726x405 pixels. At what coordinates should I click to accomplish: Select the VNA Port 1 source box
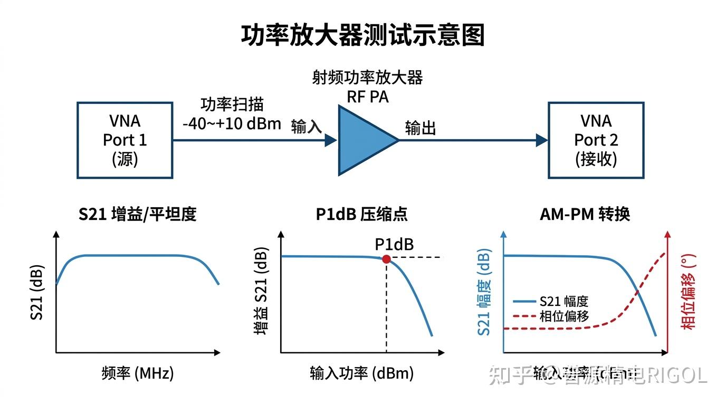pyautogui.click(x=125, y=140)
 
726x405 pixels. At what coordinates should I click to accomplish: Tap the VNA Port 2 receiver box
pyautogui.click(x=596, y=140)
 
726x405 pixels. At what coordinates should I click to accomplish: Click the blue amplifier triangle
pyautogui.click(x=364, y=140)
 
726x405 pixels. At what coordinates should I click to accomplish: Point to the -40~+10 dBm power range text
pyautogui.click(x=232, y=124)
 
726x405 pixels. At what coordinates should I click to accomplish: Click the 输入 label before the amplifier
pyautogui.click(x=306, y=127)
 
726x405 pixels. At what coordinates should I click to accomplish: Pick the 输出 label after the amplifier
pyautogui.click(x=421, y=128)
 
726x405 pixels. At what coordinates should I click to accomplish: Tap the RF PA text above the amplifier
pyautogui.click(x=367, y=97)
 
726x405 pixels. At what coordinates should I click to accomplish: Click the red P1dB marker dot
pyautogui.click(x=386, y=259)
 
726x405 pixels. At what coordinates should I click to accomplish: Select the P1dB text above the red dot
pyautogui.click(x=394, y=244)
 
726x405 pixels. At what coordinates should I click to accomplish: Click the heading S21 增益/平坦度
pyautogui.click(x=137, y=214)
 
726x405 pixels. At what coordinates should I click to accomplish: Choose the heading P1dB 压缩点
pyautogui.click(x=362, y=214)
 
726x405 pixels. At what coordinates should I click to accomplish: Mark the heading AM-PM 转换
pyautogui.click(x=585, y=214)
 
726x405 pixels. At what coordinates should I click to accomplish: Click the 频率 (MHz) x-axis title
pyautogui.click(x=137, y=373)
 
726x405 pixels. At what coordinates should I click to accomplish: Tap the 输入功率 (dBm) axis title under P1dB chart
pyautogui.click(x=362, y=373)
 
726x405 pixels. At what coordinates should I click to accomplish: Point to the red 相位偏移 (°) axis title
pyautogui.click(x=688, y=292)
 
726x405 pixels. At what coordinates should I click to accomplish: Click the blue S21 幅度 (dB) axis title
pyautogui.click(x=484, y=292)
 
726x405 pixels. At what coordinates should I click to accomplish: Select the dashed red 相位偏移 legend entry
pyautogui.click(x=551, y=316)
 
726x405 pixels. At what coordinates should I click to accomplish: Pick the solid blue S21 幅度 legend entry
pyautogui.click(x=551, y=302)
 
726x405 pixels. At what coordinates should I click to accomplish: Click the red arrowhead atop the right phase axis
pyautogui.click(x=668, y=236)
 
